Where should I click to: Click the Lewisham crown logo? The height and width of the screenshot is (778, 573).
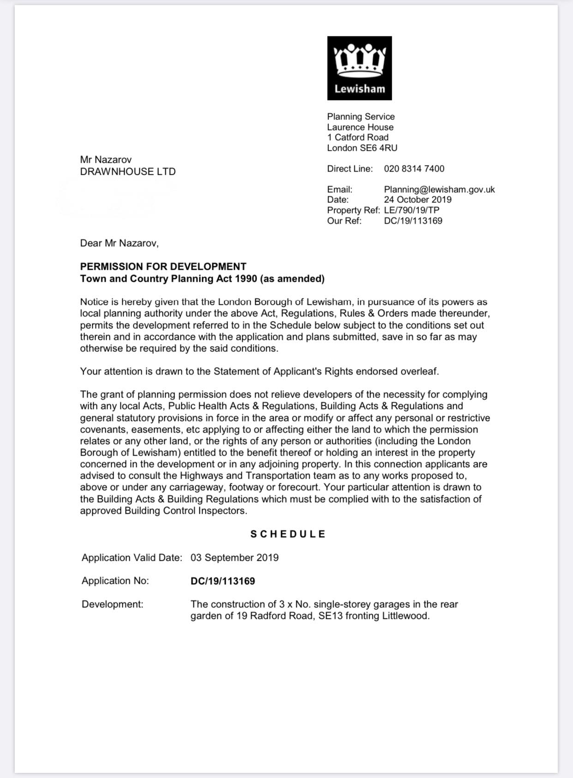click(x=359, y=68)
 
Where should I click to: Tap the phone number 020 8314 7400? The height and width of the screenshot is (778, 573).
click(x=414, y=169)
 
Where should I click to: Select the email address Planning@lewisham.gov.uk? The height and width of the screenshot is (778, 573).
click(x=439, y=190)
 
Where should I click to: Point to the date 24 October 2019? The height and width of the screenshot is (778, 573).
click(x=418, y=200)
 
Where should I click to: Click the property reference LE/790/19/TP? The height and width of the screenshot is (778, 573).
click(x=412, y=210)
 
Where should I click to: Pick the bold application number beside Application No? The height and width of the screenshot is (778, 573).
click(x=222, y=581)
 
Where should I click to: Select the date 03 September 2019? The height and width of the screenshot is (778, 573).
click(x=234, y=558)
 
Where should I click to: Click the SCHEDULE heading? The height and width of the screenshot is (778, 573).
click(x=288, y=534)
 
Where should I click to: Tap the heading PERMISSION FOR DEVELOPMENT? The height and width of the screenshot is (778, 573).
click(x=163, y=267)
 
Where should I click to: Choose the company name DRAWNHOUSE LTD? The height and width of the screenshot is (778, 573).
click(x=128, y=172)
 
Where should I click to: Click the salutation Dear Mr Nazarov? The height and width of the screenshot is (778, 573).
click(x=119, y=243)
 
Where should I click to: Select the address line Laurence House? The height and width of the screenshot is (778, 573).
click(x=360, y=127)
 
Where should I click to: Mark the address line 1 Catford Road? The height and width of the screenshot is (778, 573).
click(x=358, y=137)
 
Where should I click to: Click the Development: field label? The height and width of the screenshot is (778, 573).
click(x=113, y=604)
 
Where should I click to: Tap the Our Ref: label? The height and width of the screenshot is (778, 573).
click(x=344, y=221)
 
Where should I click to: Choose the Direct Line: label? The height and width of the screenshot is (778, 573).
click(x=350, y=169)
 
